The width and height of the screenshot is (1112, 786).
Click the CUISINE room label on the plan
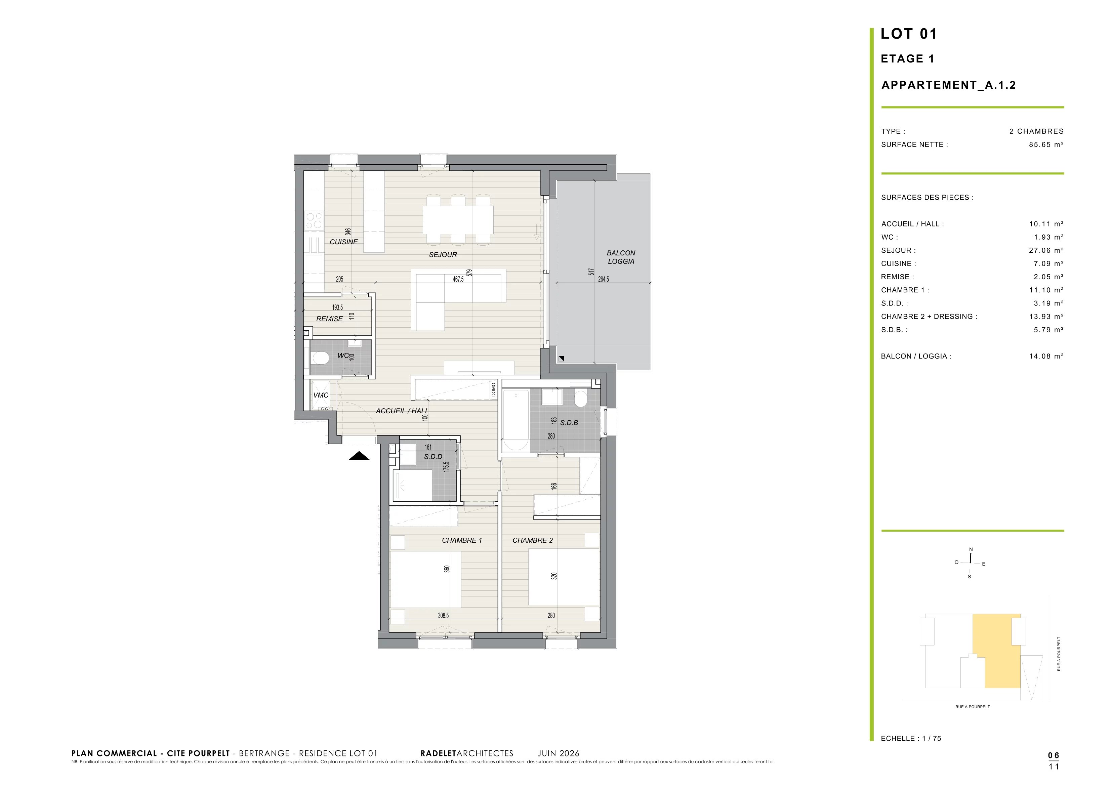[x=343, y=242]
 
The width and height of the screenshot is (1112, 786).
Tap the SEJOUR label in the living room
[x=443, y=254]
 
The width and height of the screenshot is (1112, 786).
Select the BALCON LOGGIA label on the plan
[x=621, y=257]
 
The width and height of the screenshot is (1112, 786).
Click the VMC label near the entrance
[x=321, y=395]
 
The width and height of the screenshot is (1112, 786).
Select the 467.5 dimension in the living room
[x=458, y=280]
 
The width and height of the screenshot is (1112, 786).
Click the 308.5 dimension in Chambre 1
[x=443, y=616]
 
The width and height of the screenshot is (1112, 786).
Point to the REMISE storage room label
[x=329, y=319]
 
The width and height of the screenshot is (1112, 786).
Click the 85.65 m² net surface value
[x=1046, y=144]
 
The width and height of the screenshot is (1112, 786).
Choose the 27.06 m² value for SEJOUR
[x=1046, y=250]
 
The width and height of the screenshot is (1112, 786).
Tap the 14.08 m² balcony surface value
[x=1046, y=356]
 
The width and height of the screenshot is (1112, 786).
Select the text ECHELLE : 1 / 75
[x=911, y=739]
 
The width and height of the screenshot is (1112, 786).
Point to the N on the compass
[x=971, y=549]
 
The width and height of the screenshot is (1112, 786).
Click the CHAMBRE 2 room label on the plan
[x=533, y=540]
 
